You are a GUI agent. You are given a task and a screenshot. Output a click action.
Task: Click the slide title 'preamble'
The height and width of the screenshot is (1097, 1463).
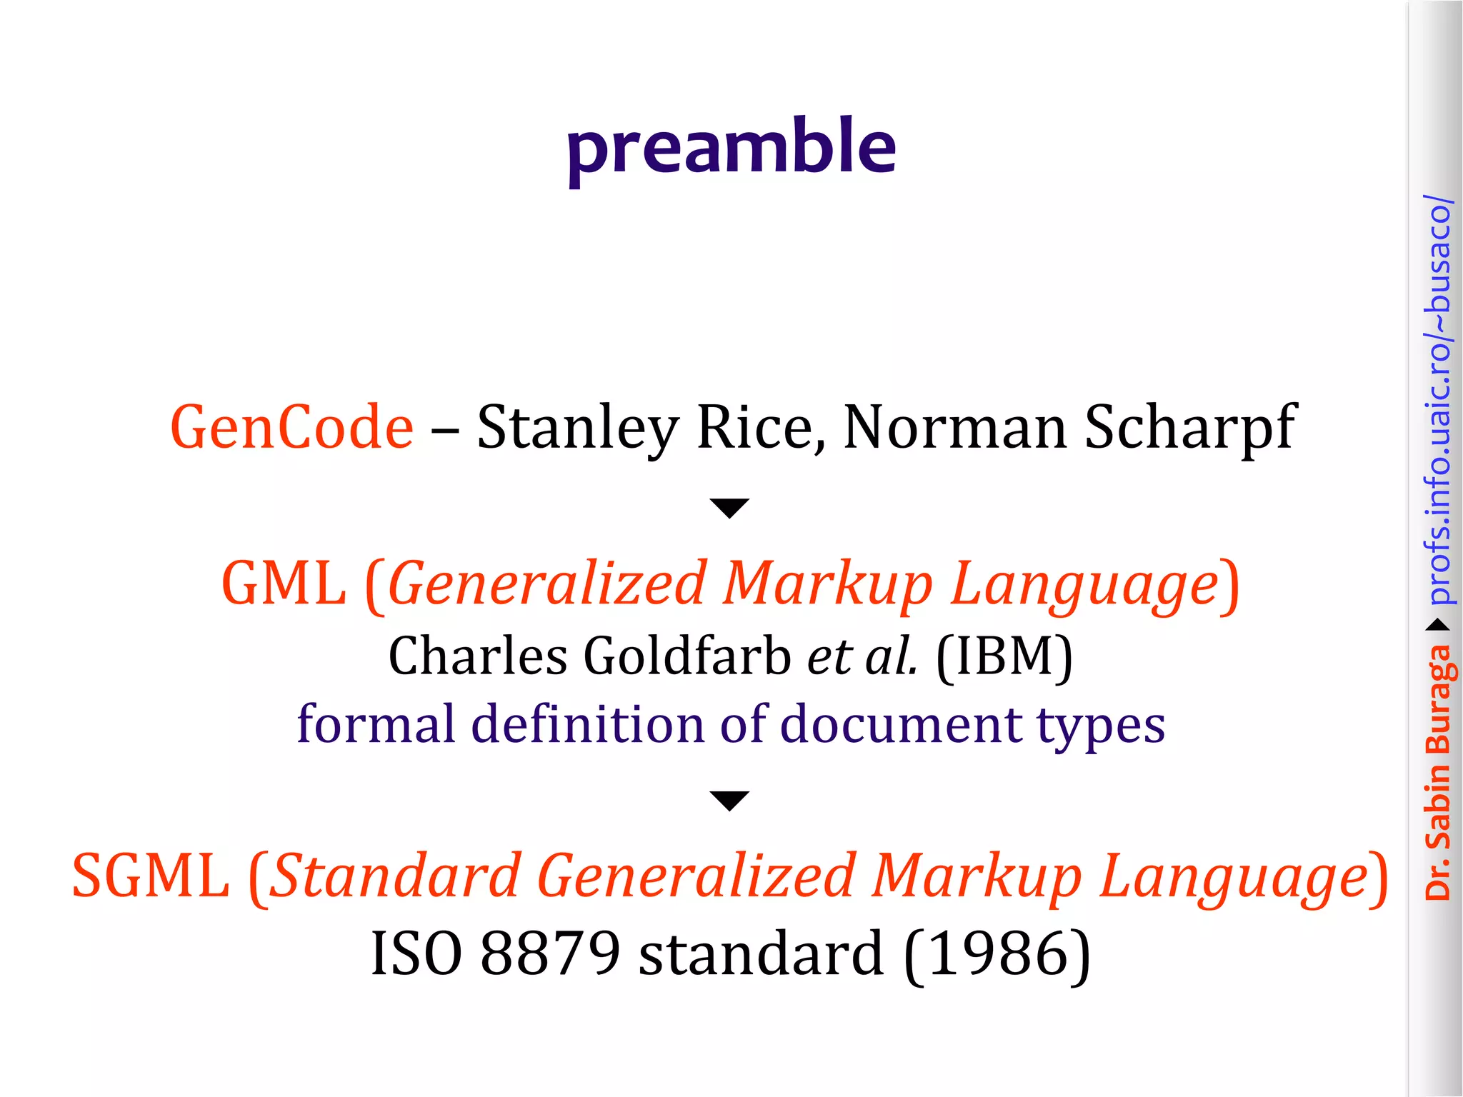[731, 146]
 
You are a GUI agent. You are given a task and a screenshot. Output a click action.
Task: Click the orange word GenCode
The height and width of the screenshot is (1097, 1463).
[291, 427]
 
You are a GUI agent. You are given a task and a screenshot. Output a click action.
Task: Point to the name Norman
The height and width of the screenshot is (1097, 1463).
[955, 427]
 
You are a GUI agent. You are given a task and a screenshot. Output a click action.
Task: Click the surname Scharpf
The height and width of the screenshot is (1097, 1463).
[1189, 427]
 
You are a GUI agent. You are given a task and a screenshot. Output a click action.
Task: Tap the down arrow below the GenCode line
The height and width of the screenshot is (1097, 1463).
[729, 508]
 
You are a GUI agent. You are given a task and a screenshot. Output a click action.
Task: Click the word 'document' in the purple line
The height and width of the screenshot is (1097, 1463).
[901, 724]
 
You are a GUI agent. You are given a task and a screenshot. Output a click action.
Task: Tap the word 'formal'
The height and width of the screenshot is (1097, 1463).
[376, 724]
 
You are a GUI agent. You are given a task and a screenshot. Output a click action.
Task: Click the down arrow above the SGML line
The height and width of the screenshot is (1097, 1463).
[729, 801]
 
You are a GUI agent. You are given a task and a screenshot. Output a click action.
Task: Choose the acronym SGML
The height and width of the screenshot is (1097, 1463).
[151, 876]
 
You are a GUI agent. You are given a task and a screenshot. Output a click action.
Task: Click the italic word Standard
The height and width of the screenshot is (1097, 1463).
[397, 876]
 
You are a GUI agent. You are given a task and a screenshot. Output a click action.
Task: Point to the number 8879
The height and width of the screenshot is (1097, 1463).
[550, 953]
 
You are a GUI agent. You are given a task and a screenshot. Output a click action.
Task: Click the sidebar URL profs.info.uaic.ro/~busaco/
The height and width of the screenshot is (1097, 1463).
[1437, 400]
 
